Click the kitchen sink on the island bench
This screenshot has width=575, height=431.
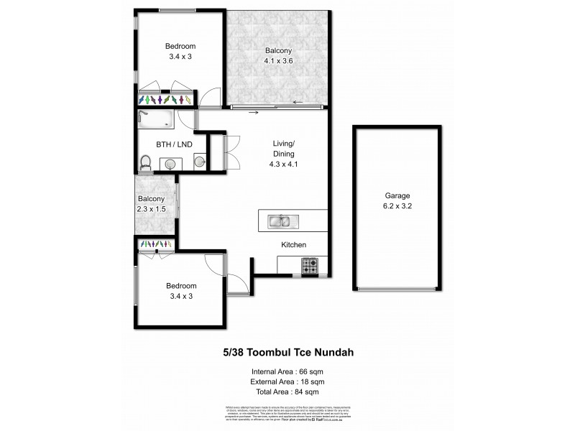point(281,222)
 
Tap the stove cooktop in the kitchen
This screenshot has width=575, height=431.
point(310,266)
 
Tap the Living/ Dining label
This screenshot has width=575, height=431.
point(283,147)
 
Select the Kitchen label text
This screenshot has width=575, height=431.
point(293,245)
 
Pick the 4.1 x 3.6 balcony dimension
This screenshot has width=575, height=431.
point(278,61)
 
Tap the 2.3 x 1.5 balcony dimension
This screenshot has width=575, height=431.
point(152,208)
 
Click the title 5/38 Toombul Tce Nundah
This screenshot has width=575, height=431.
point(287,352)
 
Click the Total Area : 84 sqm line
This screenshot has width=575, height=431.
point(287,391)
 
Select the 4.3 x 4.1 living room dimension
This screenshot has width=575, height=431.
point(283,164)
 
